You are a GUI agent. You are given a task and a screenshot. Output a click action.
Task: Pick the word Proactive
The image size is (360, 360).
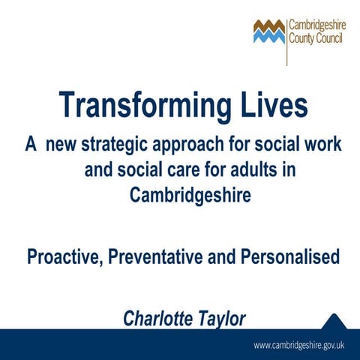pos(62,257)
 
